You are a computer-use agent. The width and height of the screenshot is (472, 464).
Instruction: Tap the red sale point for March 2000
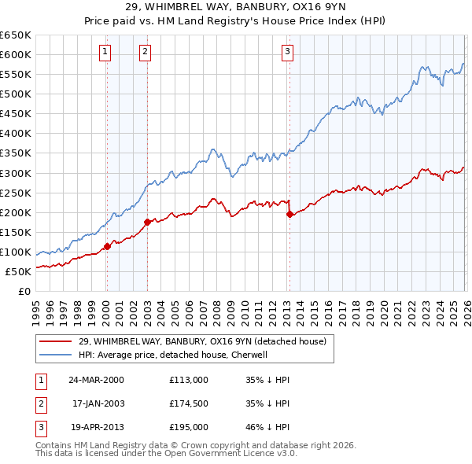107,246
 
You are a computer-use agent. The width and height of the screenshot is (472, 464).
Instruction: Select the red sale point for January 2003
147,222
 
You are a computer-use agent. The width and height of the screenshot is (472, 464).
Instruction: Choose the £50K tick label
18,271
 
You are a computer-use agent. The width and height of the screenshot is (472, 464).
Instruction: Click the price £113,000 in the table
188,380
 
